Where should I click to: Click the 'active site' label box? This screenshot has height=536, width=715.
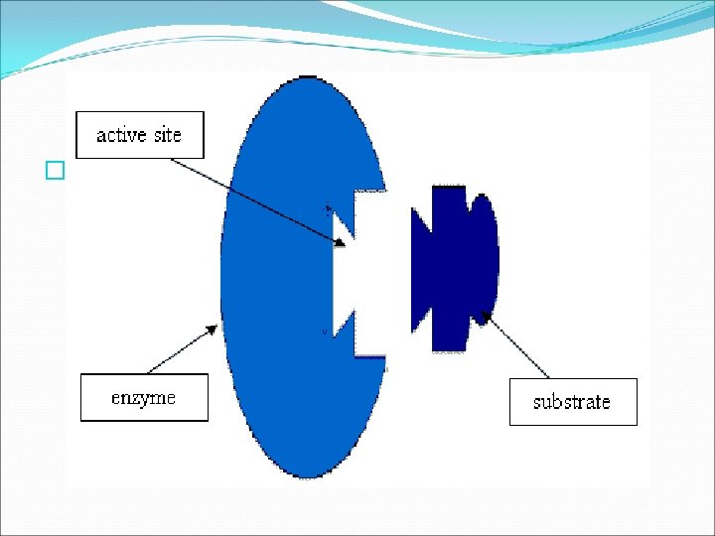tap(140, 135)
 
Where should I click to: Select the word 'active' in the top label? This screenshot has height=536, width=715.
tap(120, 135)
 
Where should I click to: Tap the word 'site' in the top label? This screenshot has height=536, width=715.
tap(165, 135)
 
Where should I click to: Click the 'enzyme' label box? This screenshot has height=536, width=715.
tap(144, 397)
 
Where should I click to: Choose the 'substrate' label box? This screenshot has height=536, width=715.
tap(573, 402)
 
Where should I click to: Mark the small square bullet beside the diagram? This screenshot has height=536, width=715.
tap(55, 172)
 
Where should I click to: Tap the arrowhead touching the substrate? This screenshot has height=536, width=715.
tap(485, 318)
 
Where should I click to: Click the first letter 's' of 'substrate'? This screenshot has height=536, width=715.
tap(538, 403)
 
